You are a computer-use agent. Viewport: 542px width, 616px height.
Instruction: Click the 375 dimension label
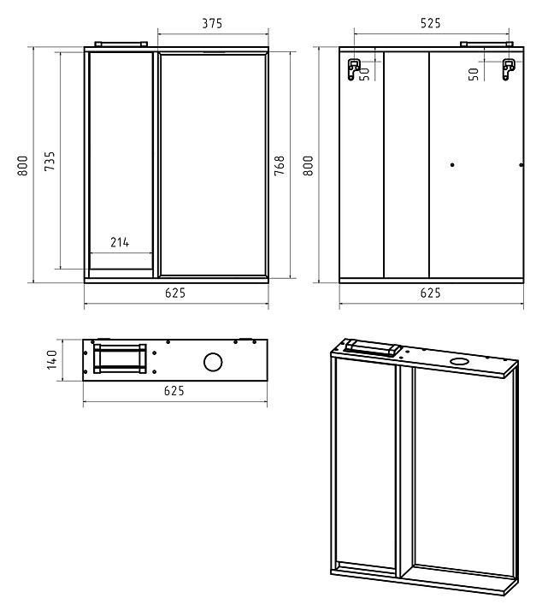(x=212, y=24)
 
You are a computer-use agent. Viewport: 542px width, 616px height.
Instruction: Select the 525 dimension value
(x=431, y=23)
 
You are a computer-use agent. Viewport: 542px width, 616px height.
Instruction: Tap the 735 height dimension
(x=50, y=161)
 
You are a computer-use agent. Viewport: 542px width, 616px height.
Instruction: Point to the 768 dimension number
(x=279, y=165)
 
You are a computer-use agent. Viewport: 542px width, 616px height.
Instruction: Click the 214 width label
(x=120, y=242)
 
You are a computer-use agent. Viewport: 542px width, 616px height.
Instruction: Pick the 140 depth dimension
(x=52, y=359)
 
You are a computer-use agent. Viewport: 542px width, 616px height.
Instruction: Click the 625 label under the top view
(x=174, y=391)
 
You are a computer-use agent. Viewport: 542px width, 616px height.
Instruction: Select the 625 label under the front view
(x=175, y=293)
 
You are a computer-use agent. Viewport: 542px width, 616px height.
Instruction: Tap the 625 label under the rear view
(x=431, y=293)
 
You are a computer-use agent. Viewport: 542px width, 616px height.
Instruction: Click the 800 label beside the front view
(x=23, y=165)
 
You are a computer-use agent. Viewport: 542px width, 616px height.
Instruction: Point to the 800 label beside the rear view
(x=309, y=165)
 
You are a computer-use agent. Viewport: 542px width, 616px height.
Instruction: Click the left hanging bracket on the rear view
(x=354, y=69)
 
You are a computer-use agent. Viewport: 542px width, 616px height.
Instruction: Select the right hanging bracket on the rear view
(x=509, y=69)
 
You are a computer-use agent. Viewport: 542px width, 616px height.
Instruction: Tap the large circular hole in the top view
(x=213, y=362)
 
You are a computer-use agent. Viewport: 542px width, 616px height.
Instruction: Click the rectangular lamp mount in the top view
(x=120, y=359)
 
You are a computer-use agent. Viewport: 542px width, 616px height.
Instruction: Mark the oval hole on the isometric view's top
(x=457, y=361)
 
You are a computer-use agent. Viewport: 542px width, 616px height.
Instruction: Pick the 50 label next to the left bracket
(x=365, y=74)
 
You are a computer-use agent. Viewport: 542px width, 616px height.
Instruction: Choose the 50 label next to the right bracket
(x=474, y=74)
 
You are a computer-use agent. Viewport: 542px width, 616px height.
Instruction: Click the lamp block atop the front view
(x=121, y=44)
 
